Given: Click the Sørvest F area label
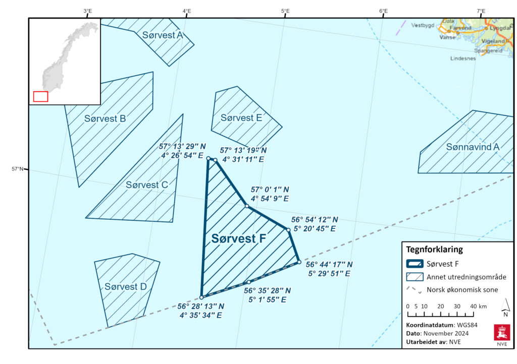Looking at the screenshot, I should tap(238, 239).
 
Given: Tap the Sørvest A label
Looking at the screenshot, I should tap(163, 35).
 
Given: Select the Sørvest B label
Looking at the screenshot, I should tap(105, 119).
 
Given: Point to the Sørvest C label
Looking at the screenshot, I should tap(146, 185).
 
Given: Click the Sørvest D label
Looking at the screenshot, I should tap(125, 287).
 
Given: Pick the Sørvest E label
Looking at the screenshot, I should tap(241, 118).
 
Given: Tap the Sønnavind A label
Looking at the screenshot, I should tap(473, 147).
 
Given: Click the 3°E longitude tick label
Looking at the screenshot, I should tap(87, 11).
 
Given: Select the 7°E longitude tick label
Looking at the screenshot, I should tap(481, 11).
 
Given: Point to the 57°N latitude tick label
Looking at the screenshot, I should tap(17, 169).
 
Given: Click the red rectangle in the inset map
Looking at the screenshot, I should tap(40, 96).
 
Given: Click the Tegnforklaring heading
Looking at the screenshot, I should tap(434, 249).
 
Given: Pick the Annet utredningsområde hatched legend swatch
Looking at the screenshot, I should tap(415, 276).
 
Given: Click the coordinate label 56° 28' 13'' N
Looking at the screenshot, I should tap(200, 306).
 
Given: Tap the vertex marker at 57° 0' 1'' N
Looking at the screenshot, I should tap(246, 206).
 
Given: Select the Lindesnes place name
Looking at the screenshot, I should tap(463, 58).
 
